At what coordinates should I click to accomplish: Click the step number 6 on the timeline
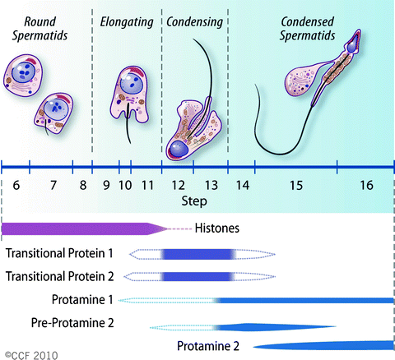pyautogui.click(x=16, y=186)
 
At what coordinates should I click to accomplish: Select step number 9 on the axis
pyautogui.click(x=105, y=186)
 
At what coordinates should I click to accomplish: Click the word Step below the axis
pyautogui.click(x=195, y=201)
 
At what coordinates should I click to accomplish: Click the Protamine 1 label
pyautogui.click(x=79, y=301)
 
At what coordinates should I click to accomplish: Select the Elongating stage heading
pyautogui.click(x=128, y=21)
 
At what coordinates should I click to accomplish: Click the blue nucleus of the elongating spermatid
pyautogui.click(x=129, y=85)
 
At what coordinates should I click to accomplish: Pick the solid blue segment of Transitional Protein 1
pyautogui.click(x=197, y=255)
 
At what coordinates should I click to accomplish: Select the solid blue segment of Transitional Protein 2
pyautogui.click(x=197, y=277)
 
